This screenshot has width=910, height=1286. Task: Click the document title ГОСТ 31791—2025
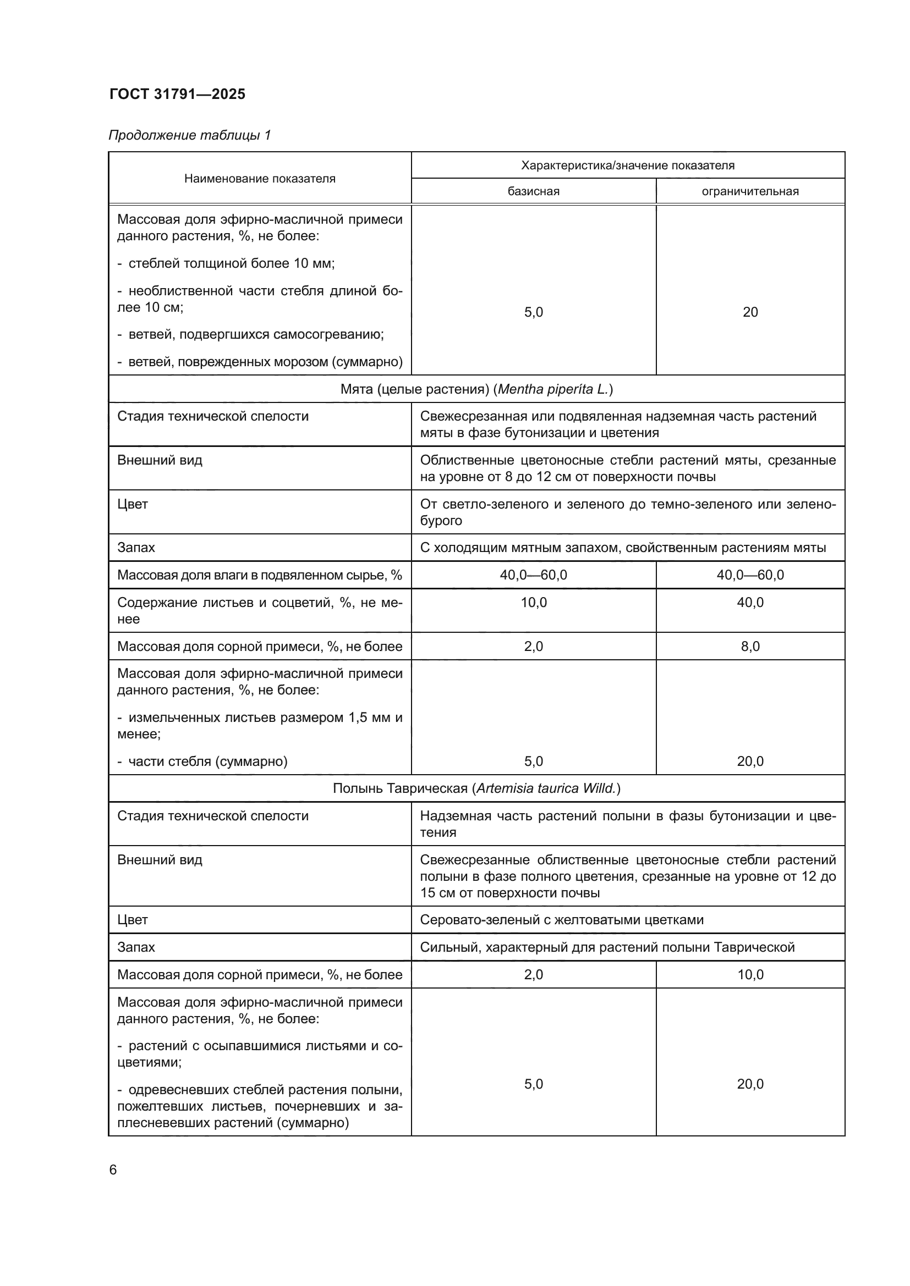click(x=177, y=94)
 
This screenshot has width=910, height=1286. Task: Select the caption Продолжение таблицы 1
click(x=189, y=135)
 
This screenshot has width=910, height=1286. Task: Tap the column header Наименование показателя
click(x=260, y=179)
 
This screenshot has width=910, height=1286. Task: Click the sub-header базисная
click(x=534, y=191)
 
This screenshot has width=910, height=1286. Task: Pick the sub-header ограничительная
click(x=750, y=191)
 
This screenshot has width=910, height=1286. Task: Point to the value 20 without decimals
click(x=750, y=312)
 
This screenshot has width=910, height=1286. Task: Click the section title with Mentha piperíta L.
click(x=476, y=389)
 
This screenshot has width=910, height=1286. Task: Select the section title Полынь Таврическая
click(x=476, y=788)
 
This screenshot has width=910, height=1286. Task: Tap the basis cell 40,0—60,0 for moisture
click(x=534, y=575)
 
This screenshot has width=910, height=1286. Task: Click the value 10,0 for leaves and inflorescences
click(x=534, y=603)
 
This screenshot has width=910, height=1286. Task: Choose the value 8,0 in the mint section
click(x=750, y=647)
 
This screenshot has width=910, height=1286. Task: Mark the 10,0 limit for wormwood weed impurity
click(x=750, y=975)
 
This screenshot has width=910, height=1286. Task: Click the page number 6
click(x=113, y=1170)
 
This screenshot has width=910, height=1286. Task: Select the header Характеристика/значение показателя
click(x=628, y=165)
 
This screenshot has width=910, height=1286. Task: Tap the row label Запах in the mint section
click(x=136, y=548)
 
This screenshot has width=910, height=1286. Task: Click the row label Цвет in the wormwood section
click(x=132, y=920)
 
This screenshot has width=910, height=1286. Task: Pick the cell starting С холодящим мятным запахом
click(x=623, y=548)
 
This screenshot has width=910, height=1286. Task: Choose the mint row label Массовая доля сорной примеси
click(x=260, y=647)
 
